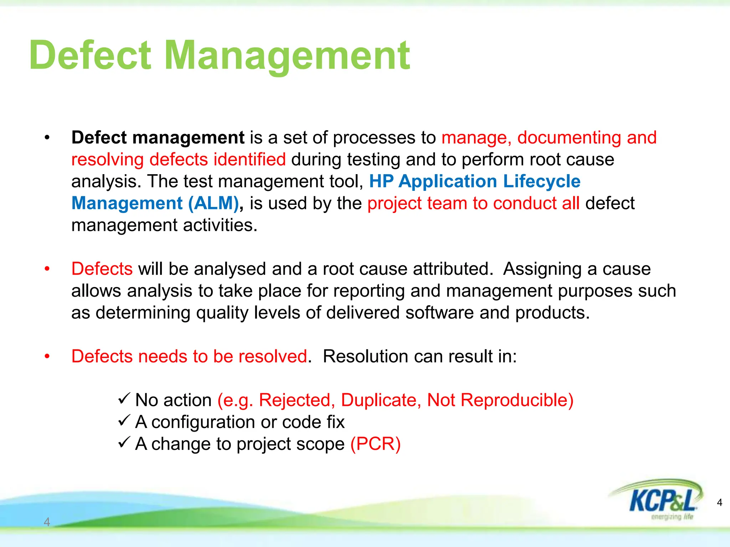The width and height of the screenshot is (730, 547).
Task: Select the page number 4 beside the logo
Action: coord(719,502)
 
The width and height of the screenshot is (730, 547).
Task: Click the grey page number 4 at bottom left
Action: coord(47,522)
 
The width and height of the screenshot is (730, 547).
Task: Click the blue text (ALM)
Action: coord(213,203)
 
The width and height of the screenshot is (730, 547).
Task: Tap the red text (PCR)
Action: coord(376,444)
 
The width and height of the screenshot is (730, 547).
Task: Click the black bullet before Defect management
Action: coord(47,138)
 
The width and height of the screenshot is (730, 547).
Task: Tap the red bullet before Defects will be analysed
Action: coord(47,269)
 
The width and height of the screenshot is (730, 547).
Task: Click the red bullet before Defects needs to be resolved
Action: coord(47,356)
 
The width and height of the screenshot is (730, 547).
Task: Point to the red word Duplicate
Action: coord(381,400)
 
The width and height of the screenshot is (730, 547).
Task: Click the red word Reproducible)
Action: coord(517,400)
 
